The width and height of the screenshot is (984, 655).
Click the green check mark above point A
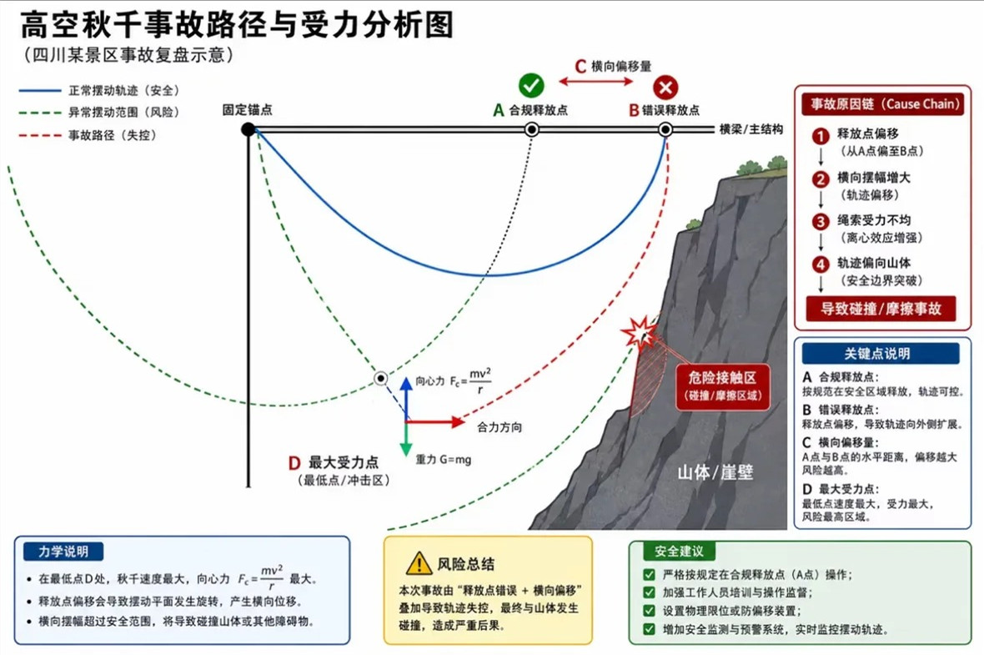tap(531, 85)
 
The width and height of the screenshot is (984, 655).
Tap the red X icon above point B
tap(665, 88)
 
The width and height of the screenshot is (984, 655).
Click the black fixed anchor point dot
tap(249, 129)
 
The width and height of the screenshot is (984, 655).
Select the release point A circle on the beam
tap(531, 129)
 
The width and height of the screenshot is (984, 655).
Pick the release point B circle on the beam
tap(665, 129)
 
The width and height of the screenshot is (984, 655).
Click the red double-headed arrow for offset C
tap(596, 81)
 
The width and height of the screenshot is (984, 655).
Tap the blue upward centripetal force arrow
tap(406, 398)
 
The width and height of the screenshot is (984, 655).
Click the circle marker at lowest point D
tap(380, 378)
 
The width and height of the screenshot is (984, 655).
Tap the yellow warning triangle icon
tap(419, 563)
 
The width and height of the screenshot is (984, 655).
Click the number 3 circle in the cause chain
tap(821, 222)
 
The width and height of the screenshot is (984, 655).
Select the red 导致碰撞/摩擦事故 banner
tap(881, 309)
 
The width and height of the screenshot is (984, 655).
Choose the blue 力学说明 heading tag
tap(63, 552)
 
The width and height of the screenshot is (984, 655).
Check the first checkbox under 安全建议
tap(650, 574)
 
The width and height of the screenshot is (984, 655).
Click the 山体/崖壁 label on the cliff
tap(715, 472)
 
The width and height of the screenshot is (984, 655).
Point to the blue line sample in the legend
tap(40, 90)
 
